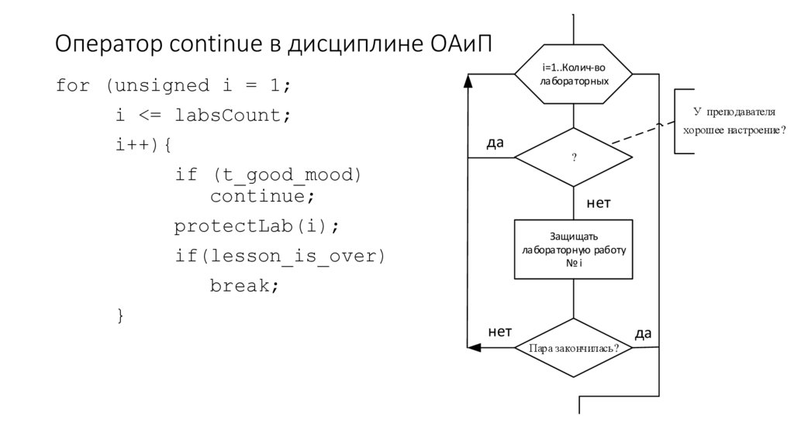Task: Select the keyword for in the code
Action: [x=73, y=85]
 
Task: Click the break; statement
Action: [x=243, y=285]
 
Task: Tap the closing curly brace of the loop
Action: [x=119, y=315]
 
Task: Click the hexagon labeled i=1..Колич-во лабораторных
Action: [x=574, y=74]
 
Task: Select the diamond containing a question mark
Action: [x=574, y=157]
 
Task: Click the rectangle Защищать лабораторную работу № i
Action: [x=574, y=250]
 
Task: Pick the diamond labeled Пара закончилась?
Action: [x=574, y=348]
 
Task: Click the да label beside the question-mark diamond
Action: [x=495, y=143]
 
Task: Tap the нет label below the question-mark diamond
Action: [x=598, y=203]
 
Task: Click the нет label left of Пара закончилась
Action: [x=499, y=332]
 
